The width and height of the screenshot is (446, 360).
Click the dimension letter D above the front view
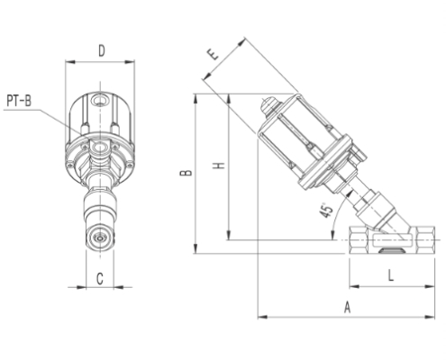pyautogui.click(x=101, y=50)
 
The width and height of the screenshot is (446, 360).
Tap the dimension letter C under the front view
pyautogui.click(x=100, y=279)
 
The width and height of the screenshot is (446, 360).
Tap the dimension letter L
pyautogui.click(x=389, y=274)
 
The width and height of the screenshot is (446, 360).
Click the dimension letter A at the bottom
pyautogui.click(x=346, y=307)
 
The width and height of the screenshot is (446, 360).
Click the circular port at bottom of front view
pyautogui.click(x=100, y=240)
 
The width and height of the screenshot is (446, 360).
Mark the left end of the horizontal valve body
pyautogui.click(x=351, y=241)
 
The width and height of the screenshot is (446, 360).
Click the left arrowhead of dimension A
pyautogui.click(x=260, y=316)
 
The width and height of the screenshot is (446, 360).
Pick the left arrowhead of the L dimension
pyautogui.click(x=351, y=286)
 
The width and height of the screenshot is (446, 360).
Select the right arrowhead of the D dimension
pyautogui.click(x=132, y=61)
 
